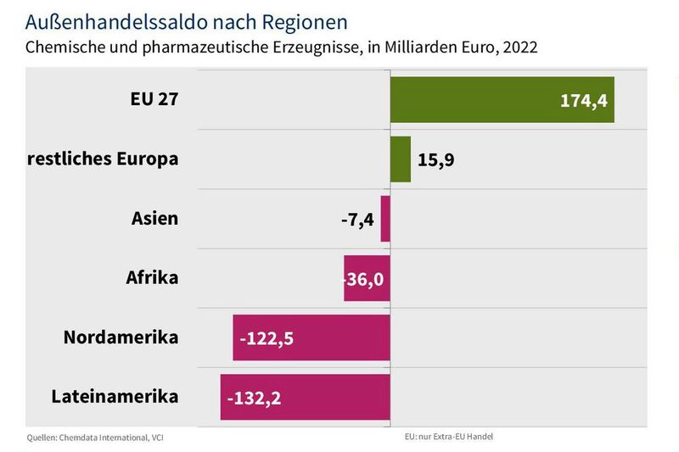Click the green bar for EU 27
tap(475, 99)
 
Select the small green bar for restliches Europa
tap(401, 159)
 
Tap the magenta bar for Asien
tap(385, 218)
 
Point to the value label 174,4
tap(583, 100)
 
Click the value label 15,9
tap(435, 159)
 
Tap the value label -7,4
tap(357, 219)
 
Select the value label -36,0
tap(367, 278)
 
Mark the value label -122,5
tap(267, 338)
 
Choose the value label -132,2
tap(254, 397)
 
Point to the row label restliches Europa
tap(104, 158)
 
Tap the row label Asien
tap(154, 218)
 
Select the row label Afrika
tap(152, 277)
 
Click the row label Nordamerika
tap(121, 337)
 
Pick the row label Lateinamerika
tap(115, 396)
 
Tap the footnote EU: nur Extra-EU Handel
tap(449, 437)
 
